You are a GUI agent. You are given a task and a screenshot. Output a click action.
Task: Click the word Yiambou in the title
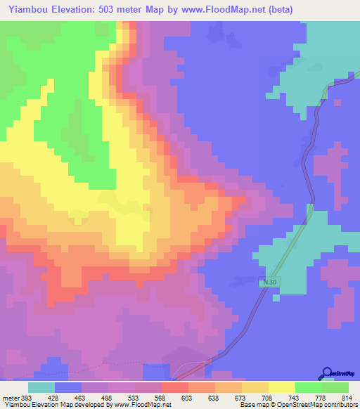tap(27, 9)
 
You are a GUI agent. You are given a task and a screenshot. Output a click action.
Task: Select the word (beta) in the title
tap(278, 9)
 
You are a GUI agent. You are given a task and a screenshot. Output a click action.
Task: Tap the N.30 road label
tap(265, 282)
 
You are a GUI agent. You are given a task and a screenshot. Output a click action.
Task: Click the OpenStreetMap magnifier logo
tap(327, 372)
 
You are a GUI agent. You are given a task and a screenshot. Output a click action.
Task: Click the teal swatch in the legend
tap(41, 387)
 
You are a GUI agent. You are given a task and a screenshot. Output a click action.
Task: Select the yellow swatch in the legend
tap(281, 387)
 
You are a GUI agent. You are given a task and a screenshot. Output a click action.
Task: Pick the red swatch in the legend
tap(175, 387)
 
